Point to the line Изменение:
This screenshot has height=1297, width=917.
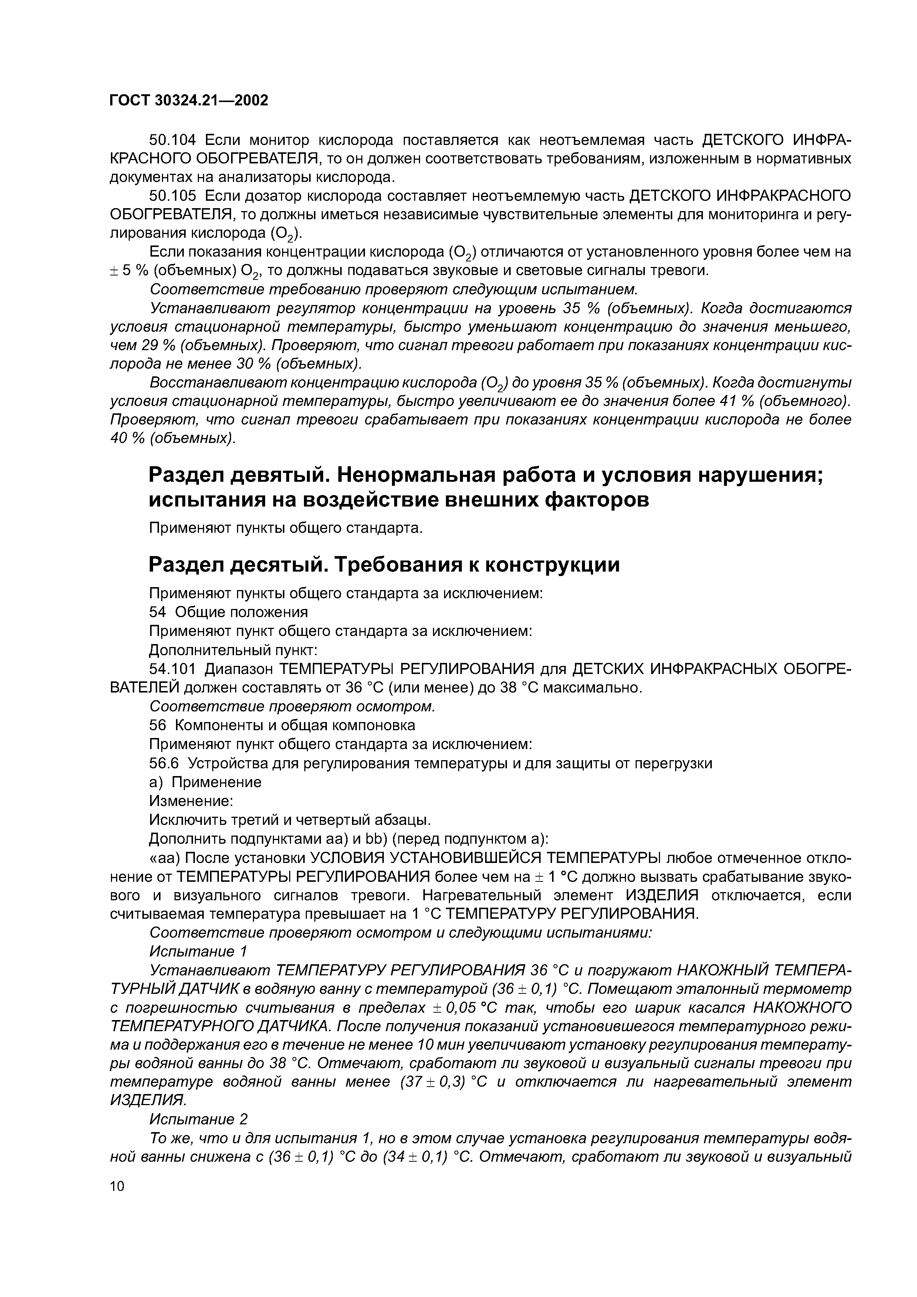191,801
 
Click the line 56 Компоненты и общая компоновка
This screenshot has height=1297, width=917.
282,725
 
